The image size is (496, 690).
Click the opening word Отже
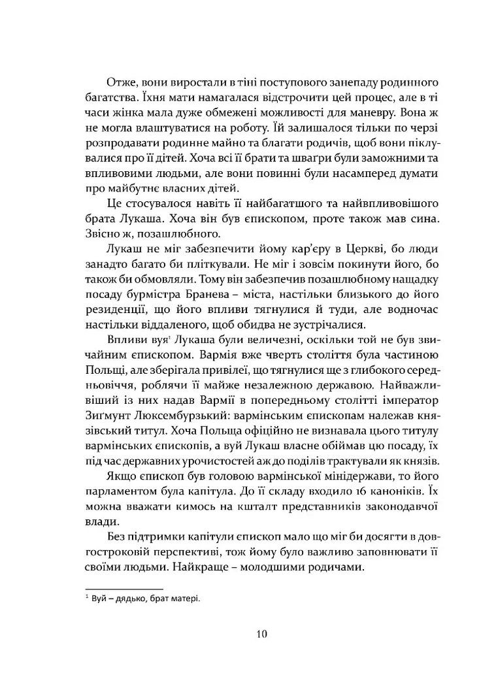click(120, 83)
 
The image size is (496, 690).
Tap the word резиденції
click(116, 301)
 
